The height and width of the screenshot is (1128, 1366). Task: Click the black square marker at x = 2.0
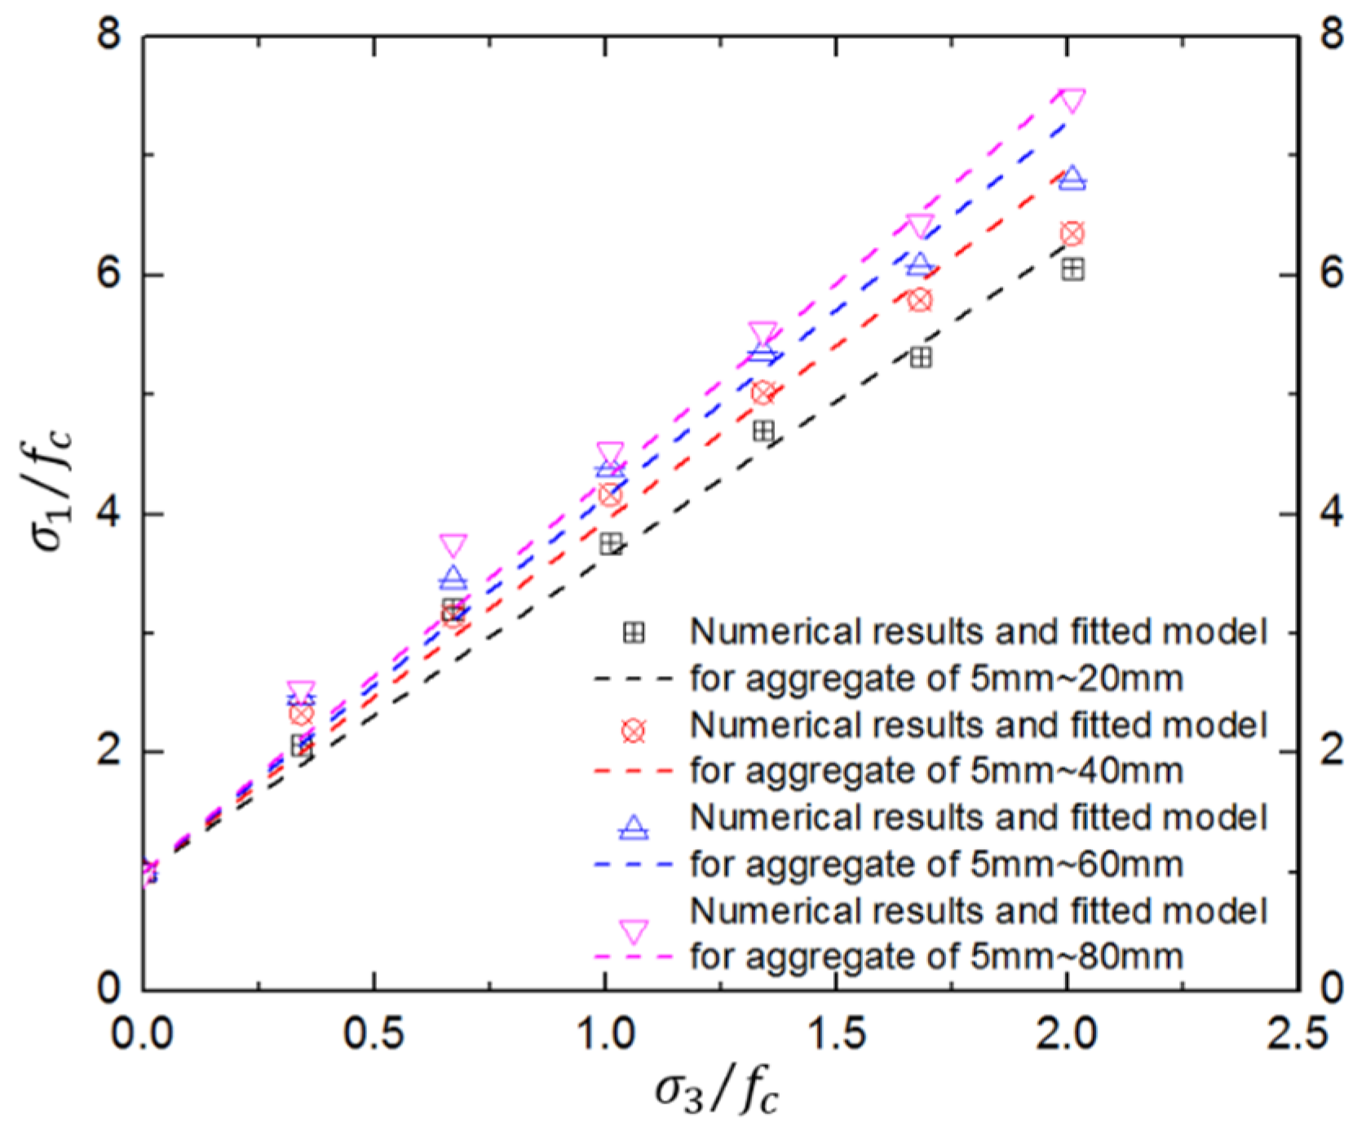pos(1072,270)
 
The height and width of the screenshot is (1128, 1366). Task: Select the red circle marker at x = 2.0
pos(1072,234)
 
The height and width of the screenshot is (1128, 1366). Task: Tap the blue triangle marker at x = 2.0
pos(1072,179)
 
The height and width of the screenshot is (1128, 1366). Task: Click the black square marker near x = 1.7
pos(920,357)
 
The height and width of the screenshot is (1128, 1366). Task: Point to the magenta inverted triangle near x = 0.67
pos(453,546)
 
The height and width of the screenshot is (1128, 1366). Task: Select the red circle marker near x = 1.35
pos(763,393)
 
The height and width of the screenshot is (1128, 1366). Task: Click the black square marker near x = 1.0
pos(611,544)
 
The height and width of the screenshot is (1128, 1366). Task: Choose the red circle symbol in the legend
pos(634,731)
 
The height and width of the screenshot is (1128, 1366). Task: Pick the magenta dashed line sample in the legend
pos(634,956)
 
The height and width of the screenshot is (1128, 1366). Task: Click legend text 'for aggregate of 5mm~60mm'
pos(936,864)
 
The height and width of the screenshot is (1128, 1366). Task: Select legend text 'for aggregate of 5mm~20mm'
pos(936,678)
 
